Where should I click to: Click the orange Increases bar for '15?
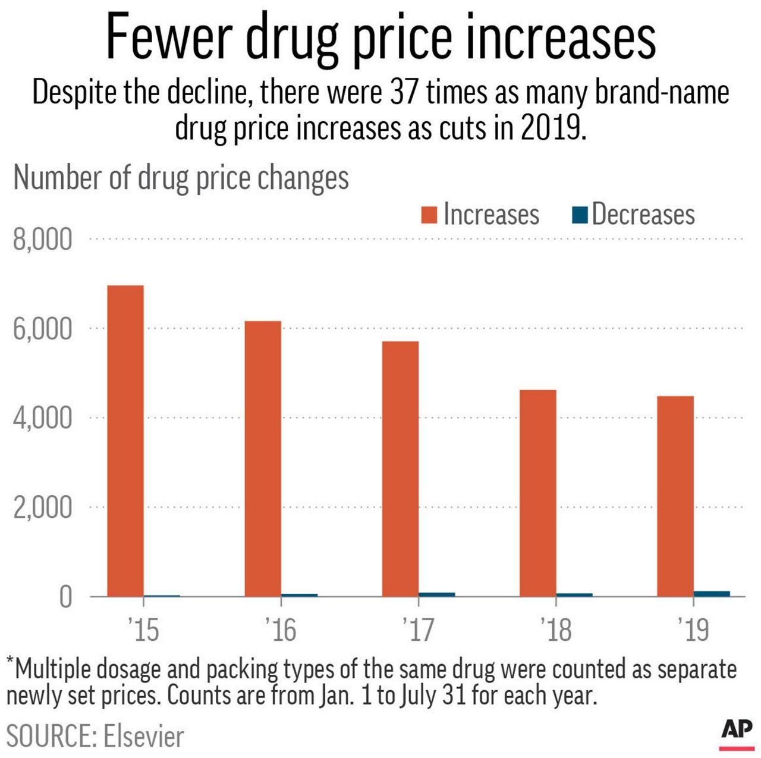point(125,441)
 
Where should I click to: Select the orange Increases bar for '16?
point(263,458)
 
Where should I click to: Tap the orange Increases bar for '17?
point(400,468)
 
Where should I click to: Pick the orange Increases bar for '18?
point(538,493)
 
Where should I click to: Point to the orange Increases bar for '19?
point(675,496)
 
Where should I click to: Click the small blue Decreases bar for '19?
point(712,593)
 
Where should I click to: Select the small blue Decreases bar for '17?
point(437,594)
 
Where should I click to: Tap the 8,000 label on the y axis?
point(43,240)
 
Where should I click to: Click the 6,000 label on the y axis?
point(43,329)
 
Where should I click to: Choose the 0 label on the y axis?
point(65,597)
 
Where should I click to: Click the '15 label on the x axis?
point(143,630)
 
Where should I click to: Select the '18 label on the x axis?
point(556,630)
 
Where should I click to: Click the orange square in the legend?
point(429,215)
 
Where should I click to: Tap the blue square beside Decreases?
point(580,215)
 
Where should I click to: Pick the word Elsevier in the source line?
point(144,737)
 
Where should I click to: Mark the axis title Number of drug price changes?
point(181,178)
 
